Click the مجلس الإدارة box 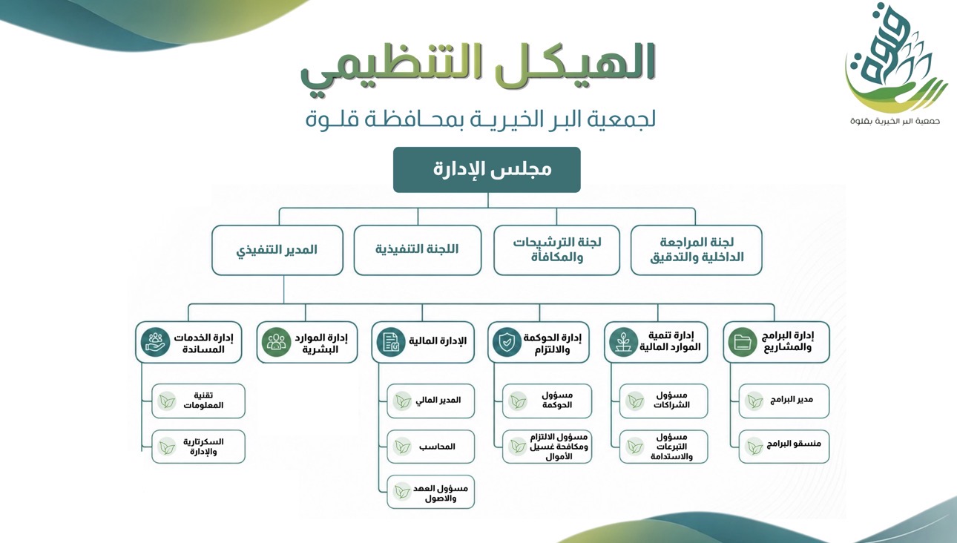point(487,170)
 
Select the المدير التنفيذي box point(277,250)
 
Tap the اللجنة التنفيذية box point(418,250)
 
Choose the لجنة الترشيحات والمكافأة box point(556,250)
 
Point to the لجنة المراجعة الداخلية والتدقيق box point(697,250)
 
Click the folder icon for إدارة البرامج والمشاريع point(743,342)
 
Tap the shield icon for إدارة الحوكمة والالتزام point(507,342)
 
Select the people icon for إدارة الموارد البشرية point(276,342)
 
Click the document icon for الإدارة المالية point(391,342)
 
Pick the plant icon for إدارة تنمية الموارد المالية point(623,342)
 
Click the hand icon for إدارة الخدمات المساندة point(155,342)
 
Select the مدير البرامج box point(784,401)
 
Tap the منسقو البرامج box point(784,446)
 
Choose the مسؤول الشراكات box point(663,401)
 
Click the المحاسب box point(430,447)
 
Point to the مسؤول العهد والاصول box point(430,492)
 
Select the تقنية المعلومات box point(198,401)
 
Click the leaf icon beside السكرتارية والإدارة point(167,447)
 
